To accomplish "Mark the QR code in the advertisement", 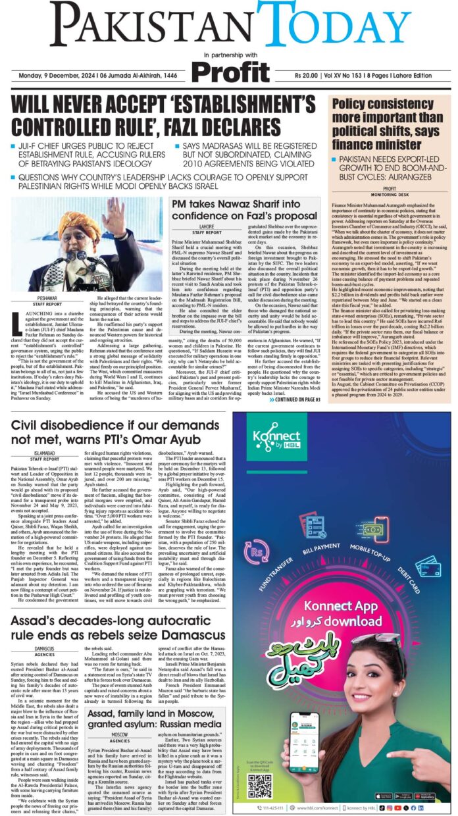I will tap(259, 786).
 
